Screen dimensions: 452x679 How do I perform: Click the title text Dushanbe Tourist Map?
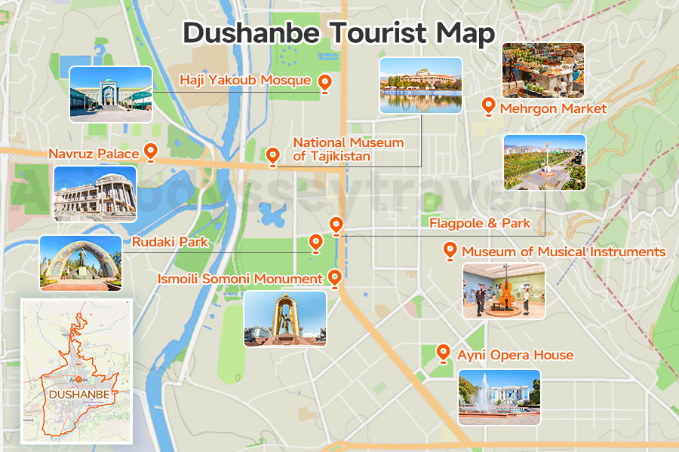click(339, 34)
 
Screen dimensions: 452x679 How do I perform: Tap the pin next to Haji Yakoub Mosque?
click(325, 83)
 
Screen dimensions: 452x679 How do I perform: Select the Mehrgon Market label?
click(553, 108)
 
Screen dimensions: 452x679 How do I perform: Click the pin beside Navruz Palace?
click(150, 152)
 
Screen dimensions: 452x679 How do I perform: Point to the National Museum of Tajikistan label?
click(348, 149)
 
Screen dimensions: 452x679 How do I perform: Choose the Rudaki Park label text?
click(170, 243)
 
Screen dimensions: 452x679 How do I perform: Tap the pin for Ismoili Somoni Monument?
click(335, 278)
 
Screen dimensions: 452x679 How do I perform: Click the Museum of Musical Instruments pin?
click(450, 250)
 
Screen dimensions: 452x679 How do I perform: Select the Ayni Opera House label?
click(515, 355)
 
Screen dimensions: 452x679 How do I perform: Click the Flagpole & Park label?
click(480, 223)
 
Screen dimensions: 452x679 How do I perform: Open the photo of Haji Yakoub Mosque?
click(111, 94)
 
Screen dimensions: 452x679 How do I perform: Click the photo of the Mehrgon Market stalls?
click(543, 70)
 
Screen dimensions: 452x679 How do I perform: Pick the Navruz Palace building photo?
click(95, 194)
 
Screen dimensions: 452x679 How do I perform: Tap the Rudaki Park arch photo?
click(81, 262)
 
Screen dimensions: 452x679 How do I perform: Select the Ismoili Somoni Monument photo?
click(285, 319)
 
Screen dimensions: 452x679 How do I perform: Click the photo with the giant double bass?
click(503, 291)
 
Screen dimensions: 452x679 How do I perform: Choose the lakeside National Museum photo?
click(420, 86)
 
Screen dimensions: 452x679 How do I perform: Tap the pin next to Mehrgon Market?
click(488, 106)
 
